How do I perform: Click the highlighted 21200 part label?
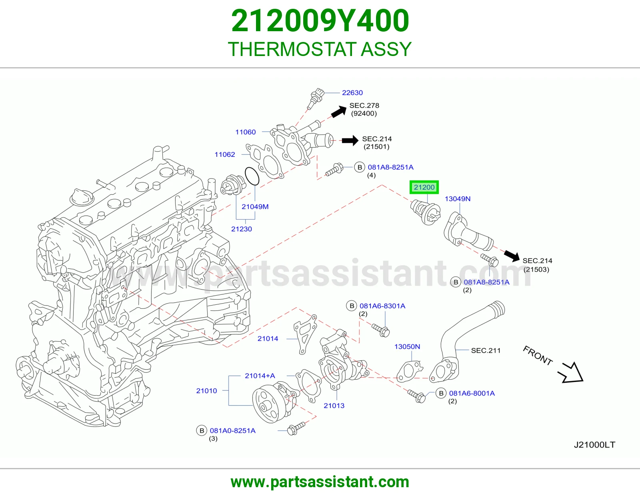coord(424,187)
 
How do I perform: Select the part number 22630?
coord(352,93)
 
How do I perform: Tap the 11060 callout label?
coord(245,132)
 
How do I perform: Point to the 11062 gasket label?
coord(225,154)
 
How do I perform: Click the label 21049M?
coord(255,206)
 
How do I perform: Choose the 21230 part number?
coord(242,229)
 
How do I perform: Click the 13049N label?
coord(457,199)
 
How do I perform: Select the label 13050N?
coord(407,346)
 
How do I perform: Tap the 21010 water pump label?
coord(206,390)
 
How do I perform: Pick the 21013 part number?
coord(334,406)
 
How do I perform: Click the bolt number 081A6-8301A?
coord(382,306)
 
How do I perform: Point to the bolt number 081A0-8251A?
coord(233,431)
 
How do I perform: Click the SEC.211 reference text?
coord(486,350)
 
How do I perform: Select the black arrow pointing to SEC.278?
coord(339,112)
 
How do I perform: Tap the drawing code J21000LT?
coord(594,445)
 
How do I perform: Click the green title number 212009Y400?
coord(320,21)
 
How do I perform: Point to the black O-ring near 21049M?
coord(252,176)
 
